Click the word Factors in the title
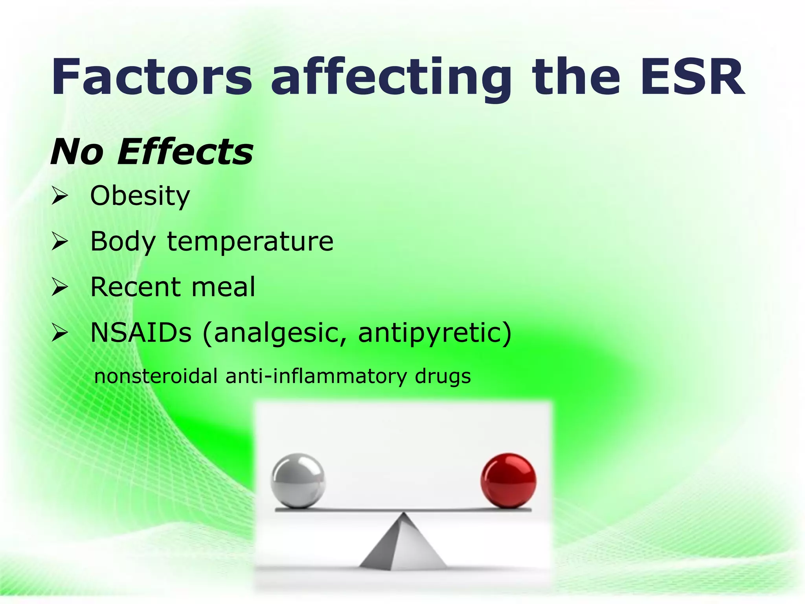point(151,77)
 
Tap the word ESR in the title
point(692,77)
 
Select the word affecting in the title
point(391,79)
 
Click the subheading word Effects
point(185,152)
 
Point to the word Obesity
point(140,196)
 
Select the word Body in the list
point(123,242)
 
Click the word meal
point(223,287)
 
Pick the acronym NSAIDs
point(141,333)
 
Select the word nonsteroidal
point(156,376)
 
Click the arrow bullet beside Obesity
point(60,196)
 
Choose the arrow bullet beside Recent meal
point(60,287)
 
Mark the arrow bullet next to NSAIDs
point(60,333)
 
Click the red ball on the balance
point(508,480)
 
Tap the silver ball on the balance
point(298,480)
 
